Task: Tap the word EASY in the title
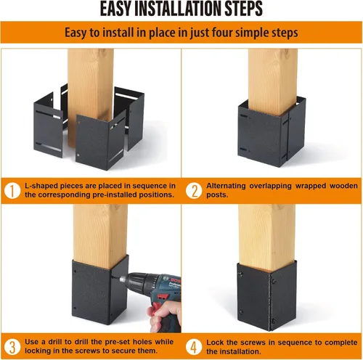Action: (117, 10)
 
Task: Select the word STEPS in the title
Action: (241, 10)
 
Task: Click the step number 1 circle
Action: (12, 192)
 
